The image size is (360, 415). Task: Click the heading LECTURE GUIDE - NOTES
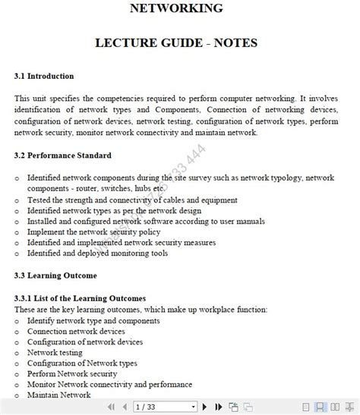176,43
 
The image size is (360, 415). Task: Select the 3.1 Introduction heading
44,77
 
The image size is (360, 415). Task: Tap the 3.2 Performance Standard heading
63,156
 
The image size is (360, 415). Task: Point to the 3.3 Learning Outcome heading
55,275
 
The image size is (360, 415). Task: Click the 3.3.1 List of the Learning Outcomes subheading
80,298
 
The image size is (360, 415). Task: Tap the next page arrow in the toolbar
205,407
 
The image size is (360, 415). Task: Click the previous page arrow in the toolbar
125,407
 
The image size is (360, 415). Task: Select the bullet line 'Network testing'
54,353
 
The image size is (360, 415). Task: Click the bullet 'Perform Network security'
72,374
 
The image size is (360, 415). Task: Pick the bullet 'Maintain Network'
58,395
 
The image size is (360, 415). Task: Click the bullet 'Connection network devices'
76,332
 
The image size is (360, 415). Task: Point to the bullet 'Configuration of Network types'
82,363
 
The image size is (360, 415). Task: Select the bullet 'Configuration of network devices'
85,342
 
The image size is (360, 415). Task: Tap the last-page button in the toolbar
219,407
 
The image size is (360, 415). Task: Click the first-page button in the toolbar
111,407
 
